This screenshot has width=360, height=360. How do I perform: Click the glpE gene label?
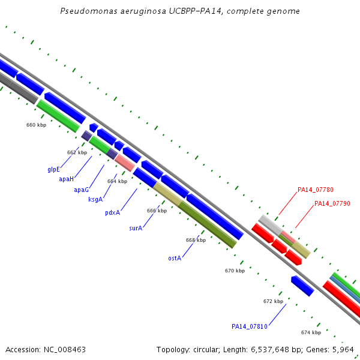tap(53, 169)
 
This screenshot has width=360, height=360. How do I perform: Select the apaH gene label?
tap(67, 179)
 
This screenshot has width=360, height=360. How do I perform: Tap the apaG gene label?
tap(81, 190)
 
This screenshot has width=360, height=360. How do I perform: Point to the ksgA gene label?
tap(95, 199)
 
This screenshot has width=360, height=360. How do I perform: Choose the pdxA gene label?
tap(113, 212)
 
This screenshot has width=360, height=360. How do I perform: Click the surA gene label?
tap(136, 228)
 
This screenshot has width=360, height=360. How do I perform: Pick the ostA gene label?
tap(175, 258)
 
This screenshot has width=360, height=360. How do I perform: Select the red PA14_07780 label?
tap(315, 190)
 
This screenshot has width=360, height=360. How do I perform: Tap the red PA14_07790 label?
tap(332, 203)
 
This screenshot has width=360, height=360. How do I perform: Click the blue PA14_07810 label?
tap(250, 326)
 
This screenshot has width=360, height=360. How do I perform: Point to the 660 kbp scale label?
tap(36, 125)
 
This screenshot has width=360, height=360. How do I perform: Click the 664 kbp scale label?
tap(118, 181)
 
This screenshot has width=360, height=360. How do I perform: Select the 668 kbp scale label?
tap(196, 240)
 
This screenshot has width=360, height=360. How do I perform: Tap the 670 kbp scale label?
tap(235, 271)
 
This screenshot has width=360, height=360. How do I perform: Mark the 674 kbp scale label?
tap(311, 332)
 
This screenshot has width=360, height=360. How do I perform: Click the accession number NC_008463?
tap(65, 350)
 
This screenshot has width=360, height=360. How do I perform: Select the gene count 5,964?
tap(343, 350)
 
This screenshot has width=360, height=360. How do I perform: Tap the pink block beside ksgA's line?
tap(125, 163)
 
